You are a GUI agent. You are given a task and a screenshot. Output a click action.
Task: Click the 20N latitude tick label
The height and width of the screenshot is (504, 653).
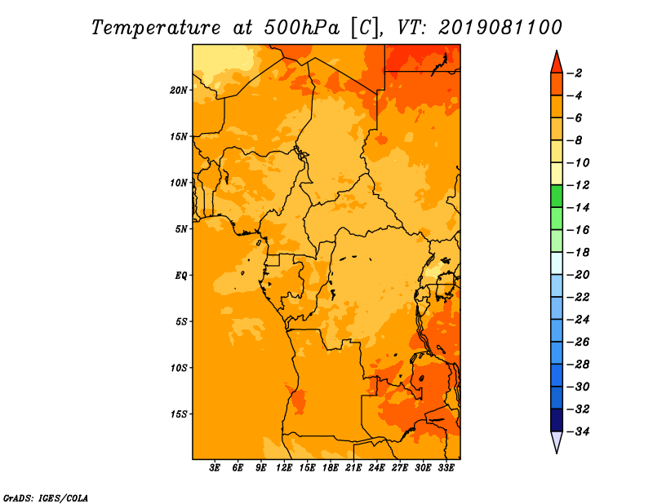179,91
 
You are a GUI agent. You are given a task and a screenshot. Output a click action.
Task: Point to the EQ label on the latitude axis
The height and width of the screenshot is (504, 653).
181,276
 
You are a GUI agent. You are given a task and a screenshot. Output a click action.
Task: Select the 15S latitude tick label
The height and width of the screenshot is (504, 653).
179,414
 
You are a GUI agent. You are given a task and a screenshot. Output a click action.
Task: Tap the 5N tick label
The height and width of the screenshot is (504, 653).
181,229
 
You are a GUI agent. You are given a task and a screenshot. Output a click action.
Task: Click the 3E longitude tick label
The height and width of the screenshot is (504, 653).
215,467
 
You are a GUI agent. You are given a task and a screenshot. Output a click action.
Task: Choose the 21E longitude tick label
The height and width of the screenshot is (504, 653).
353,467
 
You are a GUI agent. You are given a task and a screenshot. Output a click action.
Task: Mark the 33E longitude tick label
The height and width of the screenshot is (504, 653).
446,467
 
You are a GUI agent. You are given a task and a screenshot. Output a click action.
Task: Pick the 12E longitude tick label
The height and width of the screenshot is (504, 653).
284,467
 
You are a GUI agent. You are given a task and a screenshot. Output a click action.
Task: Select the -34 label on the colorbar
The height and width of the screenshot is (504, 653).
578,431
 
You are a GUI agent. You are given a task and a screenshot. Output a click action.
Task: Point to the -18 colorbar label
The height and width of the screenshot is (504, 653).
578,253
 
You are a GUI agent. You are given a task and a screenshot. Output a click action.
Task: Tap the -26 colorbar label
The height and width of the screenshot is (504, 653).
578,342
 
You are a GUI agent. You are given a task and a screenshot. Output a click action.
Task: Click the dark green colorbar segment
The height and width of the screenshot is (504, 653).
557,197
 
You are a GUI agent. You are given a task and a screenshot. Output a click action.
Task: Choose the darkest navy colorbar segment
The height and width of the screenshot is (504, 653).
557,420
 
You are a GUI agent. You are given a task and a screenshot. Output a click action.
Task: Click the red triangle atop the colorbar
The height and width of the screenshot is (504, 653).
557,64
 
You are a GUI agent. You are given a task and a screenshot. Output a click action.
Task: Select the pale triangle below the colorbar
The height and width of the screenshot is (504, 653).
557,441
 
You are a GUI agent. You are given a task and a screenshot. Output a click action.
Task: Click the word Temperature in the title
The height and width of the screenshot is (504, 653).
156,29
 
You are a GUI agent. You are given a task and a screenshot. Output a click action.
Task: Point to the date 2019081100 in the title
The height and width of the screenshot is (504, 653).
500,28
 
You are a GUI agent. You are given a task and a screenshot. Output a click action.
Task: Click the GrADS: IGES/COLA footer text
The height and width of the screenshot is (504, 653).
46,497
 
